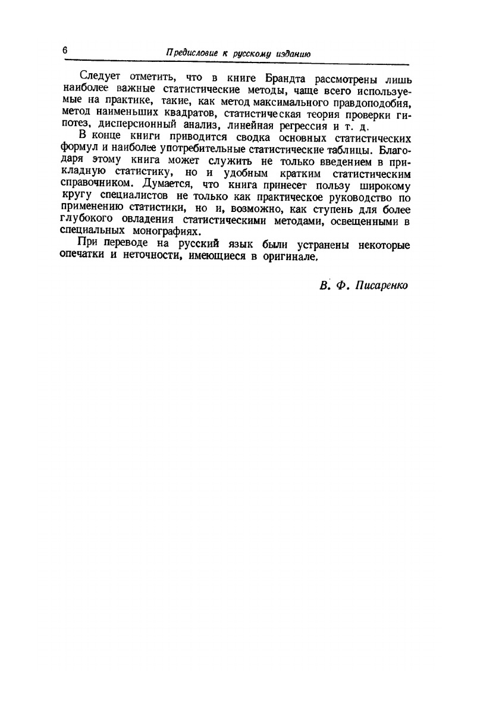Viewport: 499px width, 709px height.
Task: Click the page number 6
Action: pyautogui.click(x=64, y=51)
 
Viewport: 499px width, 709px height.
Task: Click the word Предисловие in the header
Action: pyautogui.click(x=190, y=53)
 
